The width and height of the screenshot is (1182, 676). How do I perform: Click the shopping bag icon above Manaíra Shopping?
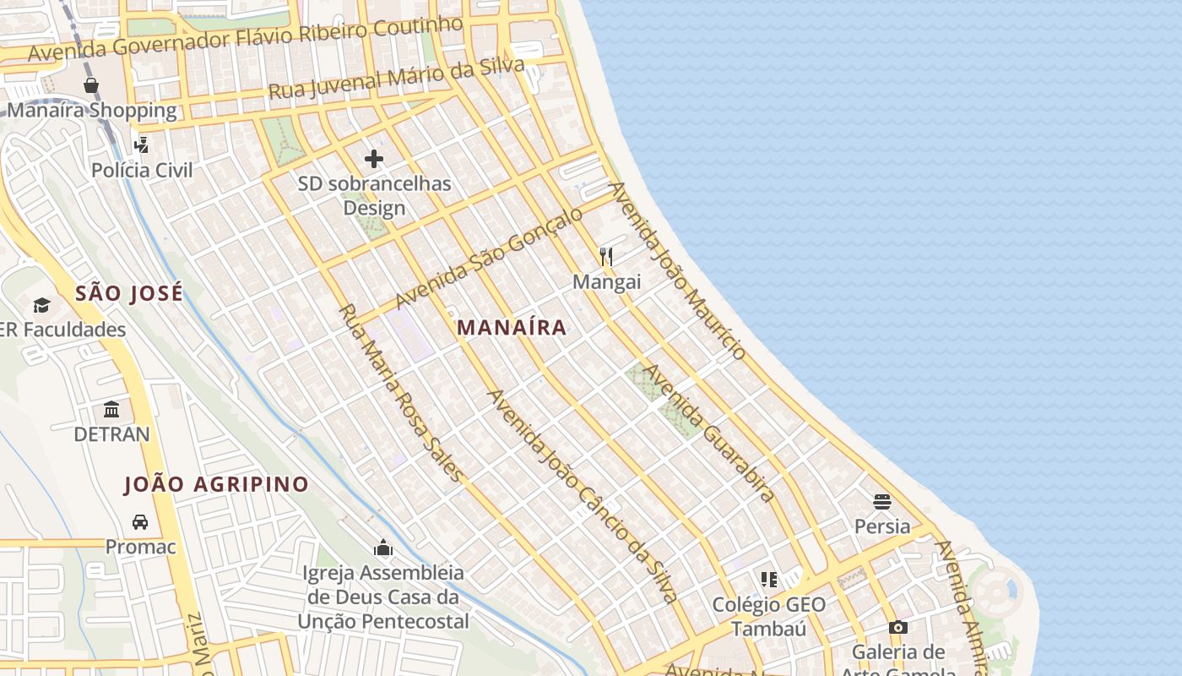tap(91, 85)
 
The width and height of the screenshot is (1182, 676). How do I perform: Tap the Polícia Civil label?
tap(142, 170)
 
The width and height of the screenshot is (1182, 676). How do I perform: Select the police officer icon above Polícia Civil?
tap(141, 145)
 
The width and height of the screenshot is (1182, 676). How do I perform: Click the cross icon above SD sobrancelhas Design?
tap(374, 158)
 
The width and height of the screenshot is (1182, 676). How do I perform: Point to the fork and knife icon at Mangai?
tap(606, 256)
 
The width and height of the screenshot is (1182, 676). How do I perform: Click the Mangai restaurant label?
tap(606, 281)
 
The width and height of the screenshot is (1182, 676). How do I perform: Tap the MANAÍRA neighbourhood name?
tap(512, 328)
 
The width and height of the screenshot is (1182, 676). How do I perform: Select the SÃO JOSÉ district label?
tap(128, 294)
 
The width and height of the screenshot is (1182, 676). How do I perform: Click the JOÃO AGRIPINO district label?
tap(216, 484)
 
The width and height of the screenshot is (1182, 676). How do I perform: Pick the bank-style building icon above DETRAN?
tap(111, 410)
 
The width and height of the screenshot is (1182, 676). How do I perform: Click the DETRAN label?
tap(111, 434)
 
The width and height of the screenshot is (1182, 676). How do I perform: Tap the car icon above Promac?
tap(140, 522)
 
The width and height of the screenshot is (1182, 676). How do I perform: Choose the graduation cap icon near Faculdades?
tap(41, 305)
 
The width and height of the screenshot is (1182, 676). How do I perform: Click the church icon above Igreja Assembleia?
tap(383, 548)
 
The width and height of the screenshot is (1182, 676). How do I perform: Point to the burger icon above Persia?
tap(882, 502)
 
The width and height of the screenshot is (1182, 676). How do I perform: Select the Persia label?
tap(882, 526)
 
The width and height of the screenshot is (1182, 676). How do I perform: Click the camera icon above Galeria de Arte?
tap(898, 627)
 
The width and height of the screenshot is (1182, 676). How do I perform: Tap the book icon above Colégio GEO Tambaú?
tap(768, 580)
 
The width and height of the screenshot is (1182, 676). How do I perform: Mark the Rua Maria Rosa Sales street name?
tap(400, 393)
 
